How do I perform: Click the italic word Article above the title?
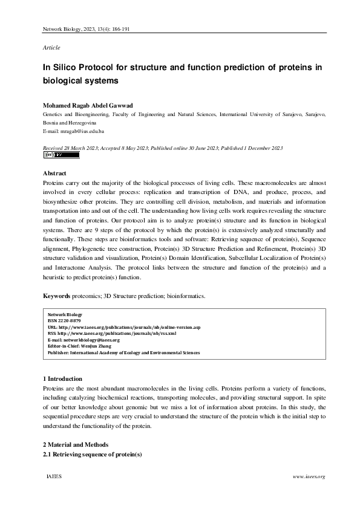coord(51,47)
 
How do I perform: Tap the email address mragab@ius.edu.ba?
coord(77,131)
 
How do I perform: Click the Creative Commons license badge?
coord(62,155)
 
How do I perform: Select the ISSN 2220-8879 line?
coord(65,320)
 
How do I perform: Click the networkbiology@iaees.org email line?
coord(83,340)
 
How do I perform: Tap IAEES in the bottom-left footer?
coord(54,477)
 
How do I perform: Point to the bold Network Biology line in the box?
coord(64,314)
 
